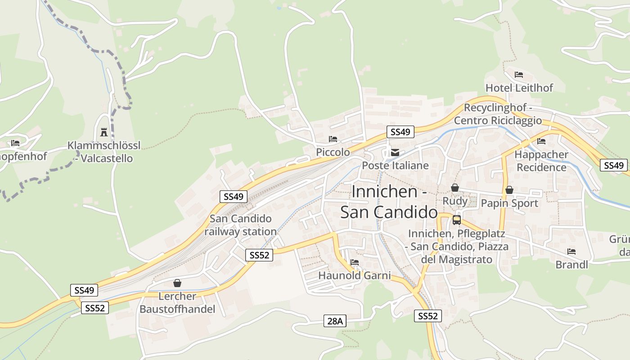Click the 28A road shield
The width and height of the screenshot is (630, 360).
coord(335,321)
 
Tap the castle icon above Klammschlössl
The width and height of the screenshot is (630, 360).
coord(104,132)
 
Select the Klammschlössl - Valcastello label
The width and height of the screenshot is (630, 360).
coord(104,152)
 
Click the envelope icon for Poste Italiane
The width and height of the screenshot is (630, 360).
coord(395,153)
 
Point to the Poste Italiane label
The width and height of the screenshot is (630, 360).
coord(395,165)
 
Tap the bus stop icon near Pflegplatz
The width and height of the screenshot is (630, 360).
coord(456,220)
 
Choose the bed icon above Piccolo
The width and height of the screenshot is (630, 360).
coord(333,139)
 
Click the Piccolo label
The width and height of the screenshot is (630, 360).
coord(333,152)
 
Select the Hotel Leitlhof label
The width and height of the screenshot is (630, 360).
coord(519,87)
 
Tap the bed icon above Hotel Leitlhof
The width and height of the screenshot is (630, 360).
coord(519,74)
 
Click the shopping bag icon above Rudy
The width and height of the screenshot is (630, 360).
coord(455,188)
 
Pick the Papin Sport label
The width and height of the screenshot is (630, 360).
coord(509,203)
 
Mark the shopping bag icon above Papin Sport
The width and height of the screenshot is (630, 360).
coord(509,190)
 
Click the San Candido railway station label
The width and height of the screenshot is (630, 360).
coord(241,225)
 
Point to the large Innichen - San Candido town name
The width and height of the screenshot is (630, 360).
coord(389,201)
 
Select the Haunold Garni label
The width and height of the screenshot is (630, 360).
coord(355,275)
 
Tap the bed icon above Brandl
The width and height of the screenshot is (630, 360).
coord(571,251)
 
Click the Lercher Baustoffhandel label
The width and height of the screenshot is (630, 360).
coord(177,302)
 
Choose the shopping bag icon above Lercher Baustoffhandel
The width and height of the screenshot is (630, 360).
coord(177,283)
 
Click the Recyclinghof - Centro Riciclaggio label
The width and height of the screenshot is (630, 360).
coord(498,114)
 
